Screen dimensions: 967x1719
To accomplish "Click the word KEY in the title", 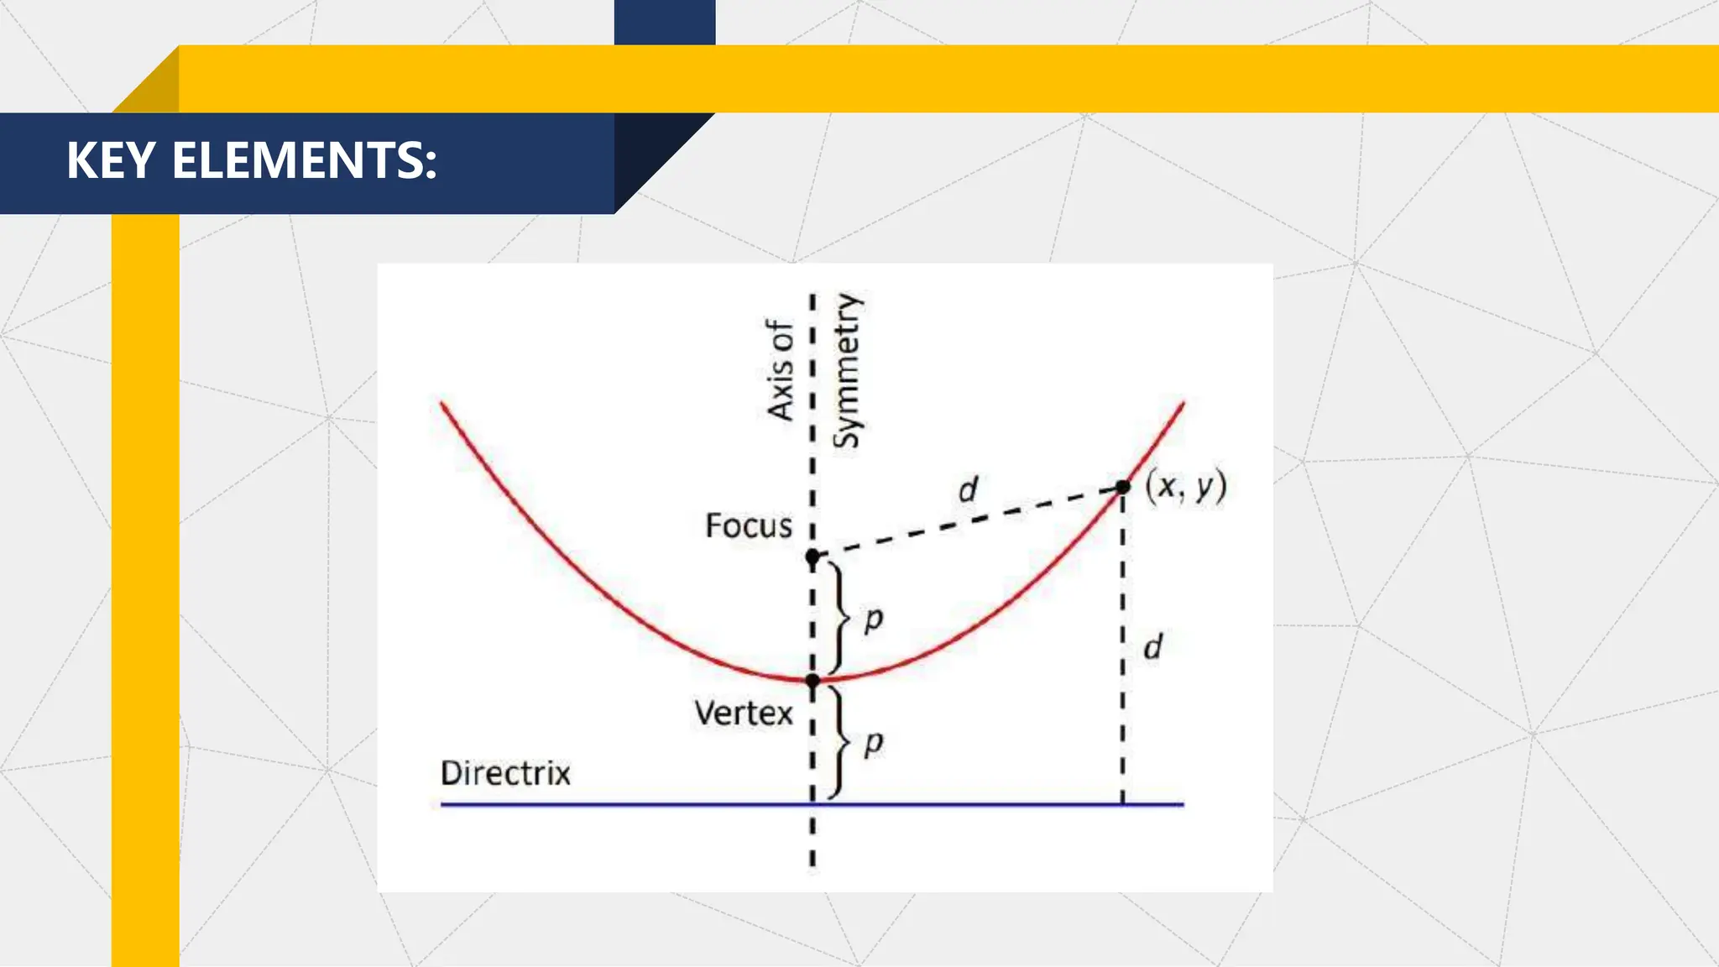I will [x=111, y=160].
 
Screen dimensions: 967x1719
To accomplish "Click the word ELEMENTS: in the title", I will [x=304, y=160].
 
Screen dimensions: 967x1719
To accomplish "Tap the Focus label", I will [x=748, y=526].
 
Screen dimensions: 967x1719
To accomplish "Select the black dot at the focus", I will [x=812, y=557].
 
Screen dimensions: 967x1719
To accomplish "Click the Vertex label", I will [x=743, y=713].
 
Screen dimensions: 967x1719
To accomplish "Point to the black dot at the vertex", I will [x=812, y=680].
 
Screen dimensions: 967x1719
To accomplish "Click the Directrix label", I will [x=505, y=773].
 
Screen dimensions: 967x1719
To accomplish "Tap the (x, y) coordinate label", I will [x=1185, y=486].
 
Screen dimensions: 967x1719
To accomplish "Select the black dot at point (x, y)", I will [x=1123, y=487].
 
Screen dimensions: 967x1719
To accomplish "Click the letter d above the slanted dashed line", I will [x=968, y=489].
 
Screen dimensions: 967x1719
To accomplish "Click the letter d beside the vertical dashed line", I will [x=1152, y=646].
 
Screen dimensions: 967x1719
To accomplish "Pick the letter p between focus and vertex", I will [x=873, y=619].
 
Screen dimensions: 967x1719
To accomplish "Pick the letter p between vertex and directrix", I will [x=873, y=743].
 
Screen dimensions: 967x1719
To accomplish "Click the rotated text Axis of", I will [x=780, y=369].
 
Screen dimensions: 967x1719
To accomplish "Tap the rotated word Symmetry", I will [x=847, y=371].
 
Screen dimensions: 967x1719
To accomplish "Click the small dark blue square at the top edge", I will [x=665, y=22].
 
